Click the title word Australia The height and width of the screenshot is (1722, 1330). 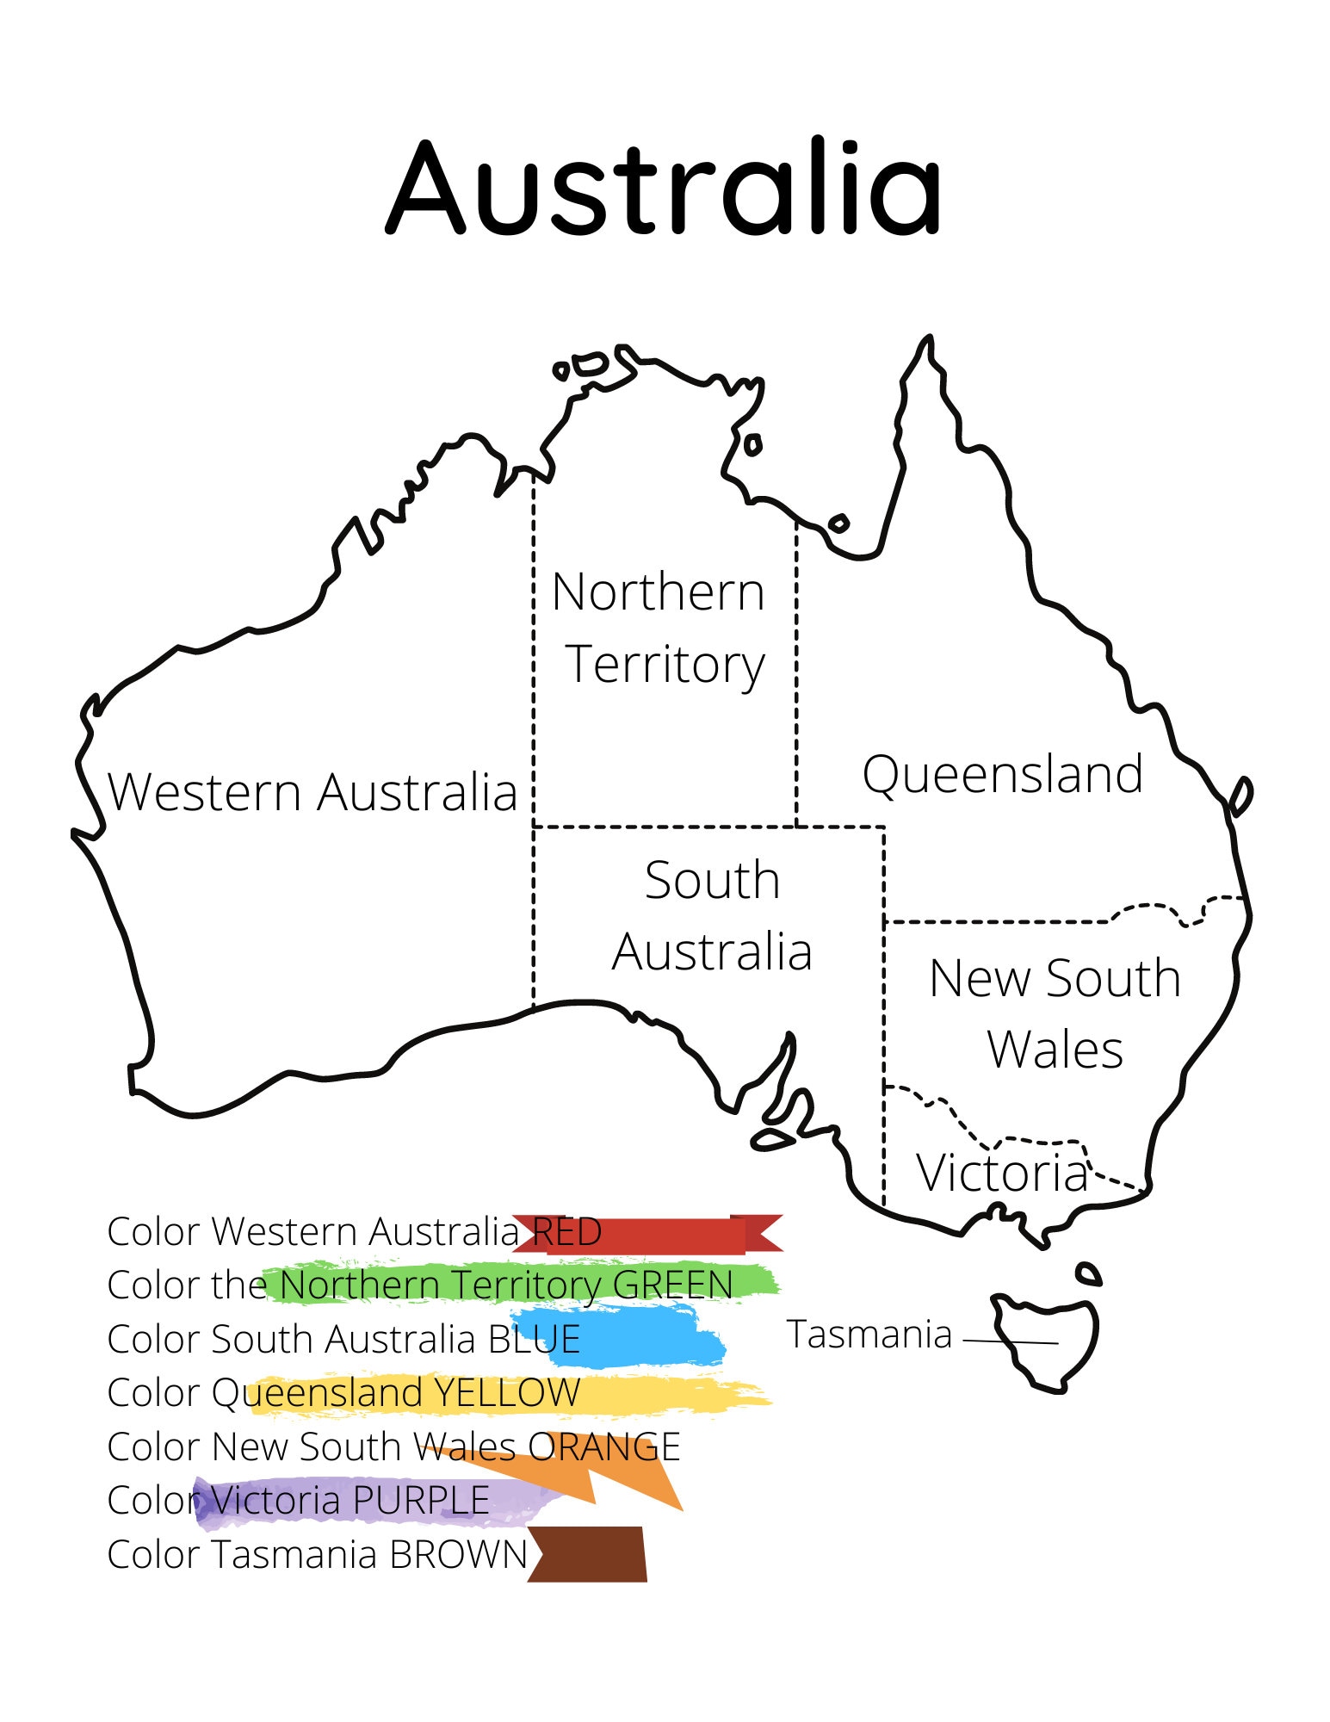click(x=664, y=188)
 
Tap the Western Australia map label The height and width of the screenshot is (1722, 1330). click(x=312, y=792)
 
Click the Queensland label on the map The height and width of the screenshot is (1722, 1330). click(x=1003, y=774)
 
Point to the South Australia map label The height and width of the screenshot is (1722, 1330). click(x=713, y=915)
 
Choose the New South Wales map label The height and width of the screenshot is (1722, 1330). click(x=1055, y=1013)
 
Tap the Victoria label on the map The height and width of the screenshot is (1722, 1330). click(x=1002, y=1173)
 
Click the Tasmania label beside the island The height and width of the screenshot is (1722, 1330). click(x=869, y=1335)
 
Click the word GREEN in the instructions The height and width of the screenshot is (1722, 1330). click(x=672, y=1285)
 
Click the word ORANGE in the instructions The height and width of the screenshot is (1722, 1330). click(x=604, y=1447)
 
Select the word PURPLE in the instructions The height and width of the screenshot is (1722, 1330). click(x=421, y=1501)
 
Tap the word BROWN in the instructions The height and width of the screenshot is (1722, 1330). click(x=459, y=1555)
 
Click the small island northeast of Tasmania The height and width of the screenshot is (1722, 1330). click(x=1089, y=1273)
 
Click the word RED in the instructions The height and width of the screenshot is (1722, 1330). click(x=567, y=1232)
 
